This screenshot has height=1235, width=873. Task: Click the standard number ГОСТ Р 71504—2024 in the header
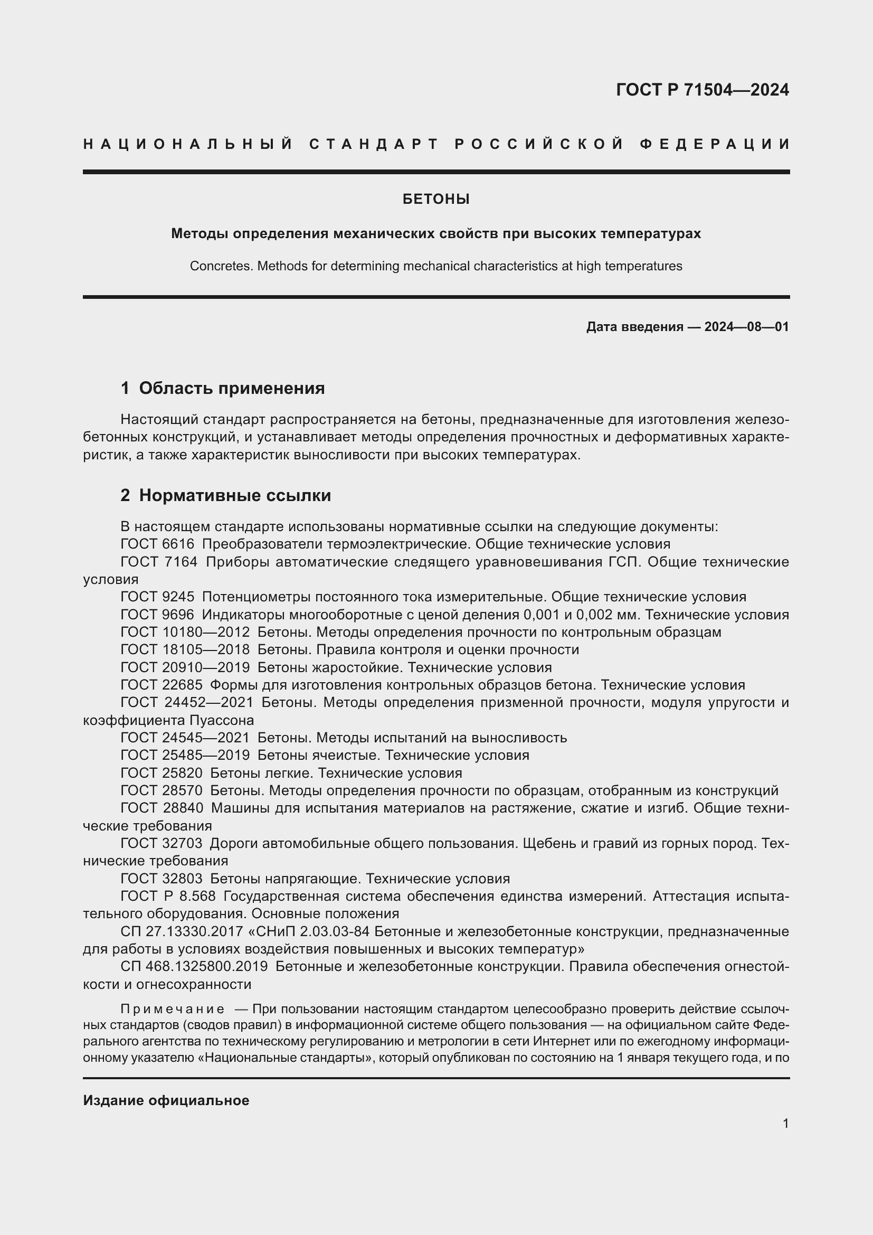(x=702, y=90)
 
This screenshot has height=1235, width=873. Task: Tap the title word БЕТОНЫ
(x=436, y=199)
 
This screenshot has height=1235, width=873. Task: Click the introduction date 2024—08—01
(x=746, y=326)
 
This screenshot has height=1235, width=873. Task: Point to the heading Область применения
(x=232, y=388)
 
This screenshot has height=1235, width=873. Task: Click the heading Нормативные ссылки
(x=235, y=495)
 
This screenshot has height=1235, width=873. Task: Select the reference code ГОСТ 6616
(x=157, y=544)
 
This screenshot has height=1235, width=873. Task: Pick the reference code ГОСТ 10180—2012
(x=185, y=632)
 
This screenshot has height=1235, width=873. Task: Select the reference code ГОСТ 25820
(x=162, y=773)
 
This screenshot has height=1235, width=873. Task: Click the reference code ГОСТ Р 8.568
(x=168, y=896)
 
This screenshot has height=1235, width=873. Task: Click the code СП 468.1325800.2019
(x=194, y=966)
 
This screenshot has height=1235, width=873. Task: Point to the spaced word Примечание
(x=173, y=1008)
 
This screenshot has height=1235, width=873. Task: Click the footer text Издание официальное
(x=166, y=1100)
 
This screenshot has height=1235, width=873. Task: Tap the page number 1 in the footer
(x=785, y=1123)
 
